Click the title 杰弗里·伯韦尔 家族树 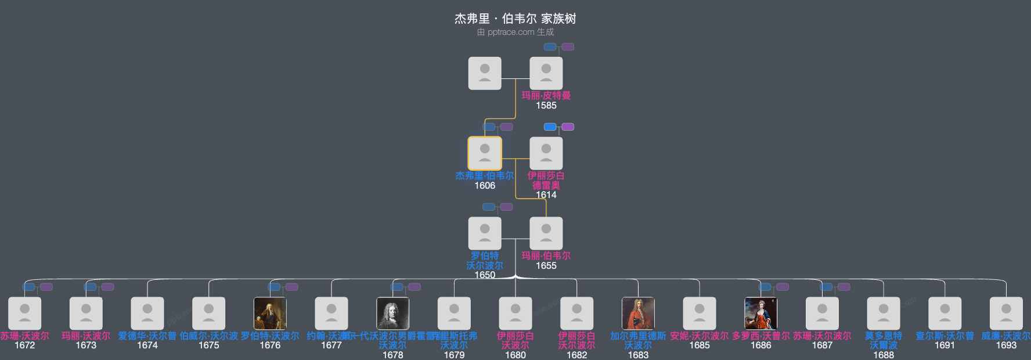[x=515, y=19]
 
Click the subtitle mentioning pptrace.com [x=515, y=32]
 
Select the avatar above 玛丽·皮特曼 [x=546, y=73]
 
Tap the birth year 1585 [x=546, y=105]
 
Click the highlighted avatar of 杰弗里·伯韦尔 [x=485, y=153]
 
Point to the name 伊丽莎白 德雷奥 [x=546, y=180]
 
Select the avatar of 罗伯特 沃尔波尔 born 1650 [x=485, y=233]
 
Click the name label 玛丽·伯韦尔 [x=546, y=255]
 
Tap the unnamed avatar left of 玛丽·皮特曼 [x=485, y=73]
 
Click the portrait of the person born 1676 [x=270, y=314]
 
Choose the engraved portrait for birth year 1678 [x=392, y=314]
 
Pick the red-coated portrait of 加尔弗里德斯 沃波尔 [x=638, y=314]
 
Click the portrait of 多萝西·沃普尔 [x=760, y=314]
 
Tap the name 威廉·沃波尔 [x=1005, y=336]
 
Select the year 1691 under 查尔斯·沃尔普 [x=945, y=345]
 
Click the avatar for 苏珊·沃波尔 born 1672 [x=24, y=314]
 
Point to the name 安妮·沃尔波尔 [x=699, y=336]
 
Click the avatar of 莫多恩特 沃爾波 [x=883, y=314]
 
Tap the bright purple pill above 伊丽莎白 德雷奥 [x=568, y=127]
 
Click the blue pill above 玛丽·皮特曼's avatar [x=550, y=46]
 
